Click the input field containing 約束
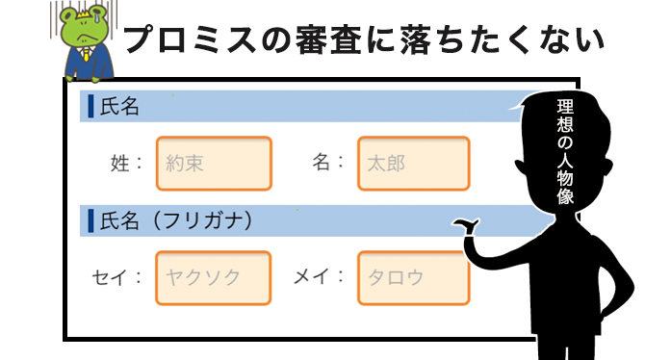click(x=214, y=164)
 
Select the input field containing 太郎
click(x=413, y=164)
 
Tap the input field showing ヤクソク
click(x=214, y=278)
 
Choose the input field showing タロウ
click(x=413, y=278)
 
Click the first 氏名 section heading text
click(x=119, y=107)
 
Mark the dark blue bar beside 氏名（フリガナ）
click(x=90, y=221)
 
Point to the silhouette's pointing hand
click(x=469, y=228)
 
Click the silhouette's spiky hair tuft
click(x=522, y=96)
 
